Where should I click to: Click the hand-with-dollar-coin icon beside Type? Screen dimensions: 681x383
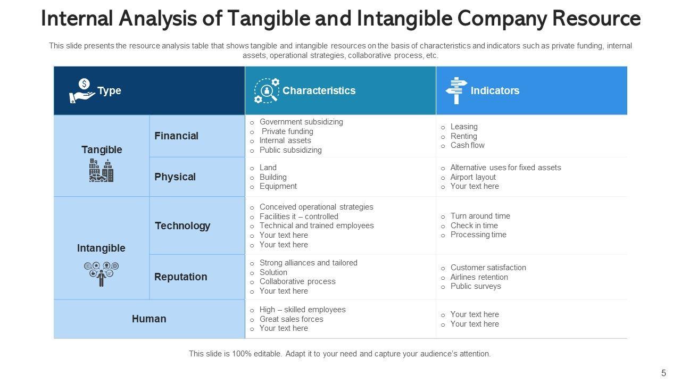point(82,91)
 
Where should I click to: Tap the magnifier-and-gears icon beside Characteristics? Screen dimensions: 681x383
point(267,91)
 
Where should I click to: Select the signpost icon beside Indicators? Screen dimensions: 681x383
point(456,90)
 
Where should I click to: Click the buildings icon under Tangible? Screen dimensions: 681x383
point(101,171)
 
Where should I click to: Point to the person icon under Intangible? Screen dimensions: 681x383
point(101,274)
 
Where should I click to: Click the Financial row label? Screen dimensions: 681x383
point(176,136)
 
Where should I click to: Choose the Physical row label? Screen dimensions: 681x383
point(175,177)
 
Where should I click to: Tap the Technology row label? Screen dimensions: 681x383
point(182,226)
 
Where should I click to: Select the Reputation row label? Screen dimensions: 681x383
point(180,277)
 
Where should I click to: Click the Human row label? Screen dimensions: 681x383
point(149,319)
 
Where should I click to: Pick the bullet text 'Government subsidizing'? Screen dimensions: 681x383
point(301,122)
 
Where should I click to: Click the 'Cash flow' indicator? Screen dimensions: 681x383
point(467,145)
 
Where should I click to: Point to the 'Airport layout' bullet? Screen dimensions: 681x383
point(473,177)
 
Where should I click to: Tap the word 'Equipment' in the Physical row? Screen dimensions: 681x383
point(278,186)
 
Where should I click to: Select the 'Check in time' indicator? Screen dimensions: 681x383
point(474,226)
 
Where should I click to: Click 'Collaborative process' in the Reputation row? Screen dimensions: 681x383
point(297,281)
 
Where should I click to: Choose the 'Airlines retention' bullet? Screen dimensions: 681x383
point(479,277)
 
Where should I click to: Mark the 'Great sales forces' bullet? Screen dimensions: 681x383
point(291,319)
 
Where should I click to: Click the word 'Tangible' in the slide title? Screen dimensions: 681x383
point(269,19)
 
